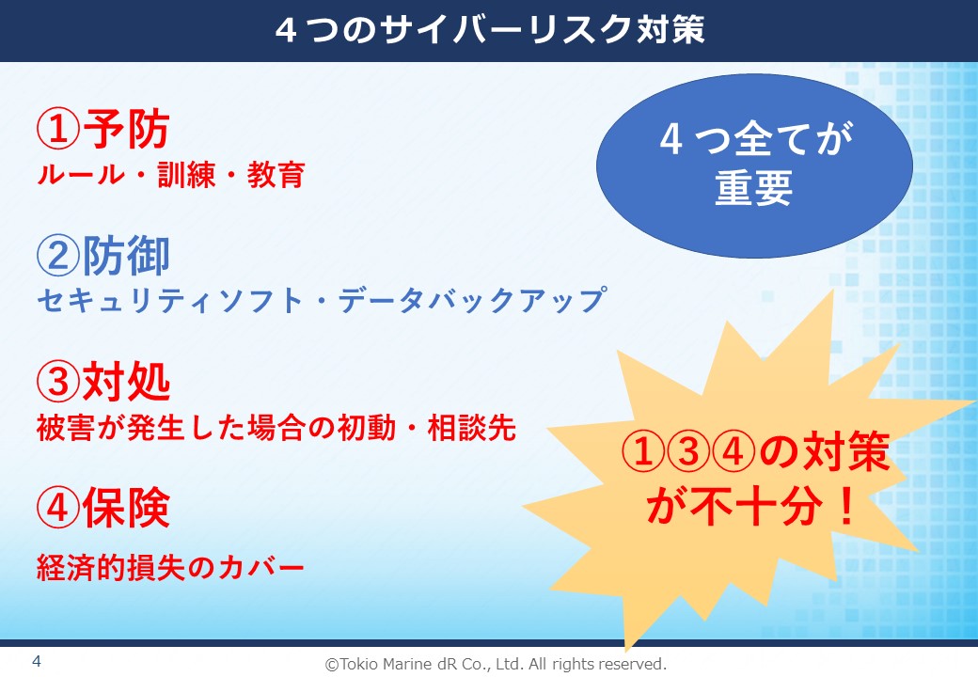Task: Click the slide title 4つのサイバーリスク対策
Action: (x=490, y=30)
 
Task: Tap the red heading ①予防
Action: (x=103, y=129)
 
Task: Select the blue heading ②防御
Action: (x=103, y=256)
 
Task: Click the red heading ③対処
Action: (x=103, y=382)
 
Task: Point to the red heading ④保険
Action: (x=103, y=508)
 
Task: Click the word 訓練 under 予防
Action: (x=186, y=175)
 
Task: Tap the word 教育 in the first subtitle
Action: (x=276, y=175)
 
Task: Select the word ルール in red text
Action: (x=81, y=175)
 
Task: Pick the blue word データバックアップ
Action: (x=472, y=301)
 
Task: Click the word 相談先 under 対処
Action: (x=472, y=428)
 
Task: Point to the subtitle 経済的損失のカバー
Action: (x=170, y=568)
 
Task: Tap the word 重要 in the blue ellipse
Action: (x=753, y=188)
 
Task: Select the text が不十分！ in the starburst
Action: (x=751, y=505)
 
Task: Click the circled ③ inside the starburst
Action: (x=688, y=451)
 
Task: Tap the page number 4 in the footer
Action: (x=37, y=661)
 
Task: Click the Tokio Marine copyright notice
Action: (x=496, y=664)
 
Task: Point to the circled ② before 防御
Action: (x=58, y=256)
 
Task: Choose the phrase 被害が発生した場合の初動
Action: (x=215, y=428)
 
